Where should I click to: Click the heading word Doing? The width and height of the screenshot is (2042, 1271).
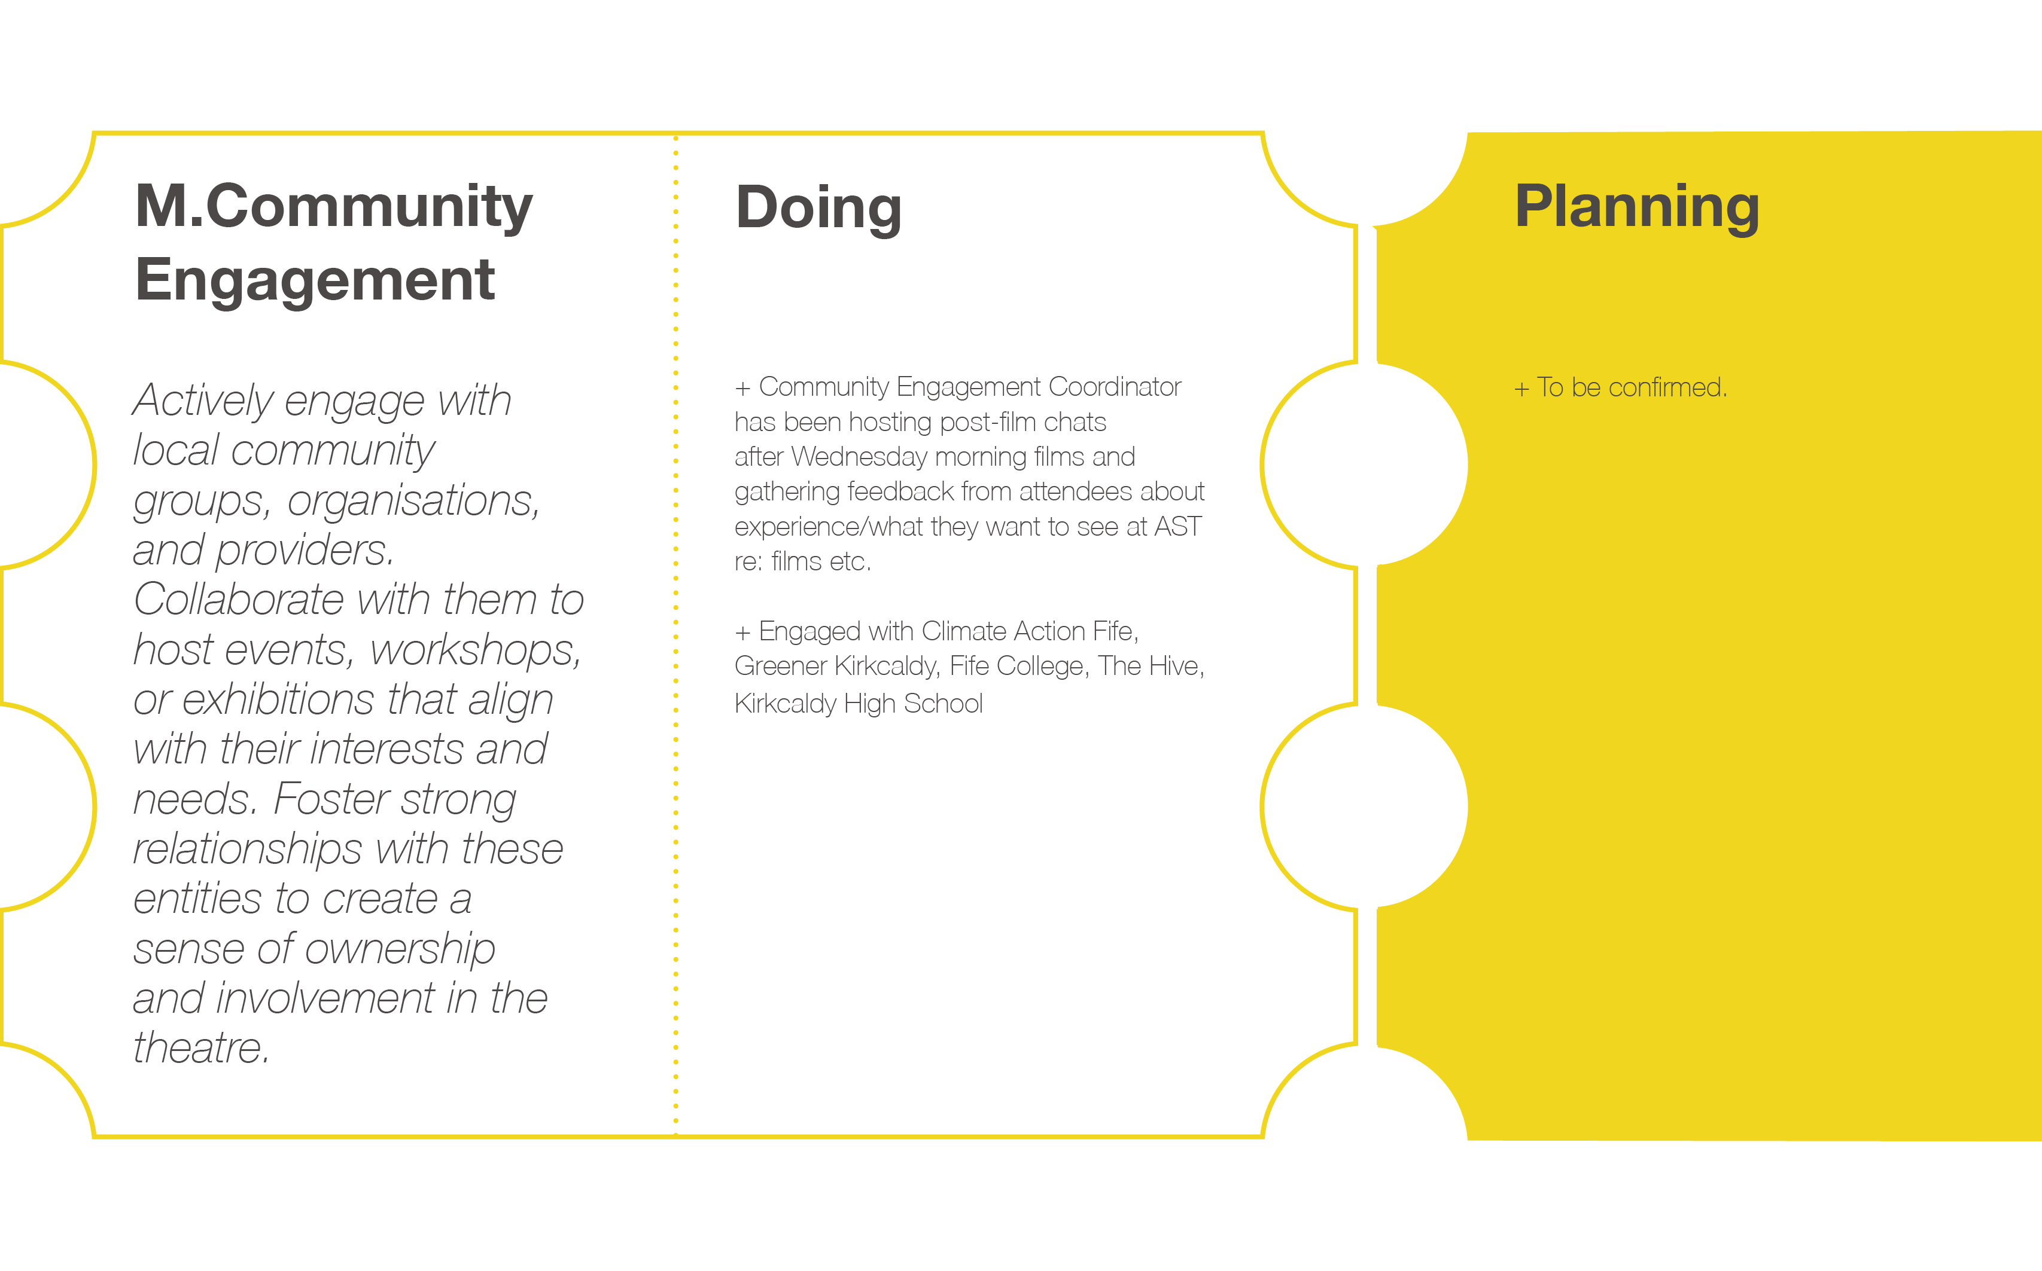(x=818, y=209)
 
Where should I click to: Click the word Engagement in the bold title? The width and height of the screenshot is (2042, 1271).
(x=315, y=282)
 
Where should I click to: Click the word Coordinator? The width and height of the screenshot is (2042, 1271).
(x=1115, y=387)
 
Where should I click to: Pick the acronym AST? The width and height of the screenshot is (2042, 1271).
(x=1177, y=527)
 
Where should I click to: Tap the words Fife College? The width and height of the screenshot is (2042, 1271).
(x=1018, y=667)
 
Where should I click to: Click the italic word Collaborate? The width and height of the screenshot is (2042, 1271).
(x=239, y=600)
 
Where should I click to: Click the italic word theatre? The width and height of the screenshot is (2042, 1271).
(x=201, y=1047)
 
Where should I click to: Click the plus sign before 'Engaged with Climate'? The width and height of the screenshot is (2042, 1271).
(x=742, y=633)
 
